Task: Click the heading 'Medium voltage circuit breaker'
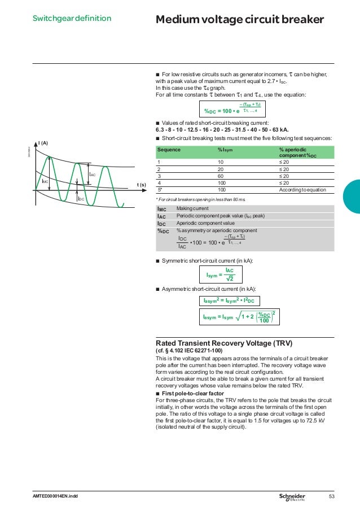click(x=240, y=20)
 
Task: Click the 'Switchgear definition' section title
click(x=71, y=19)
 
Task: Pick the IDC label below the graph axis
click(x=81, y=199)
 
